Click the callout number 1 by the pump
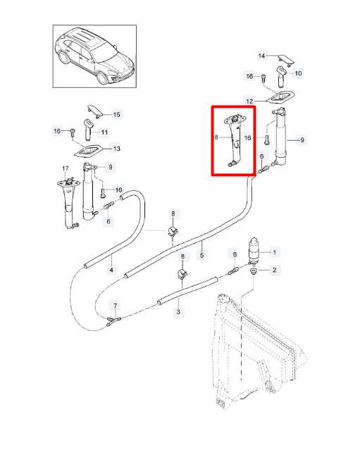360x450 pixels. (x=274, y=253)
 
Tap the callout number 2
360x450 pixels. (x=275, y=270)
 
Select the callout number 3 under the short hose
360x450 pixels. (x=178, y=312)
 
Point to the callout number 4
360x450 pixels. (x=111, y=270)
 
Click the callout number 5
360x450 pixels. (x=201, y=255)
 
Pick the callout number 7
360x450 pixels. (x=115, y=306)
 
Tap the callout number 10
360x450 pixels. (x=298, y=73)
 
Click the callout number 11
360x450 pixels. (x=104, y=132)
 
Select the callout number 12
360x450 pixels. (x=249, y=101)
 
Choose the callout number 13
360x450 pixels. (x=116, y=149)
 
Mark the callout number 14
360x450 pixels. (x=261, y=56)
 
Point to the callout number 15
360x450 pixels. (x=116, y=115)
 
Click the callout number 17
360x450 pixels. (x=66, y=168)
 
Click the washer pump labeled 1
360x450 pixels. (x=254, y=251)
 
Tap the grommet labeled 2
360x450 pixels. (x=254, y=271)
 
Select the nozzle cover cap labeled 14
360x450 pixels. (x=285, y=59)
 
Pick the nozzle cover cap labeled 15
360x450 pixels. (x=95, y=111)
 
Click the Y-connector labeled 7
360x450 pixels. (x=113, y=321)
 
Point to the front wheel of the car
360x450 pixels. (x=102, y=77)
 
